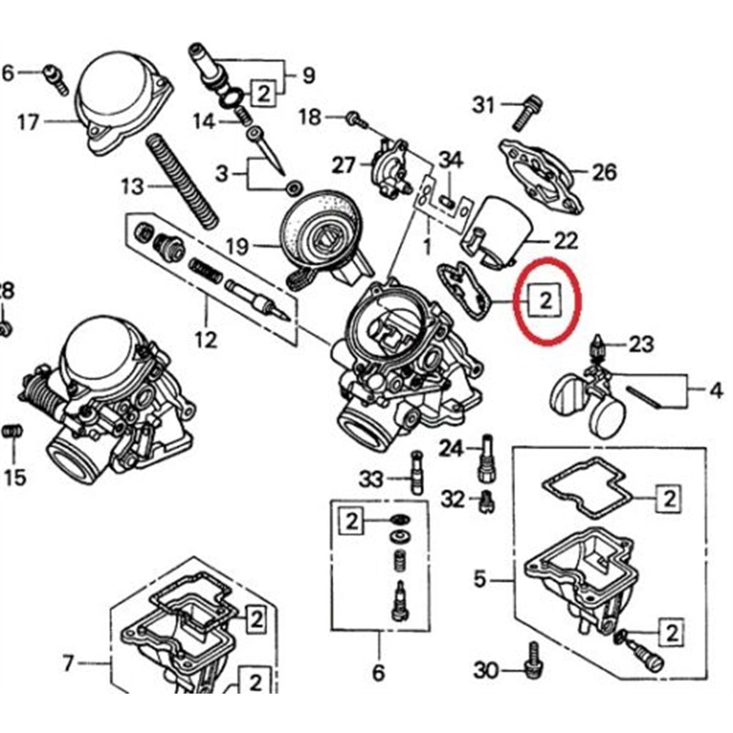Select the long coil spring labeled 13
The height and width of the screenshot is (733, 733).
click(x=182, y=181)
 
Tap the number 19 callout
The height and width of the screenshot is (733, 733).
click(x=237, y=247)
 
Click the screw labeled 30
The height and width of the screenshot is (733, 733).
click(x=533, y=660)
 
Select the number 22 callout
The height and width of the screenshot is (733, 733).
click(x=565, y=240)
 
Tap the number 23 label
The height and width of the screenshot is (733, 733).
click(x=641, y=345)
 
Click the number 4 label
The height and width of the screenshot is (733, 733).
click(x=715, y=390)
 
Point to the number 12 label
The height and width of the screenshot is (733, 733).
click(x=206, y=339)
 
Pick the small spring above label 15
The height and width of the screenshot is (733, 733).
click(x=11, y=432)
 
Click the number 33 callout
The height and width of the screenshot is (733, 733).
click(x=371, y=478)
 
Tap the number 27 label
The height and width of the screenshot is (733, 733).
click(x=344, y=165)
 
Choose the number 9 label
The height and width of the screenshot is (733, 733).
click(x=308, y=76)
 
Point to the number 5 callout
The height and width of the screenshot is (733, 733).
click(x=480, y=579)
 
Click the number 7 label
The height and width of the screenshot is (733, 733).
click(x=68, y=663)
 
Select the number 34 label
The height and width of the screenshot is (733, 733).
click(x=450, y=161)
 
